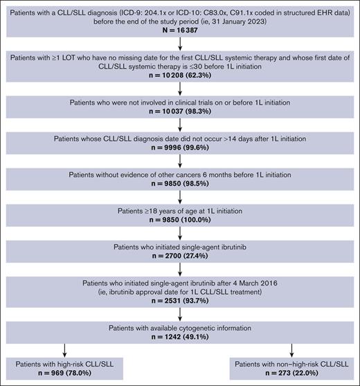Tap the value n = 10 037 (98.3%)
179,113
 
